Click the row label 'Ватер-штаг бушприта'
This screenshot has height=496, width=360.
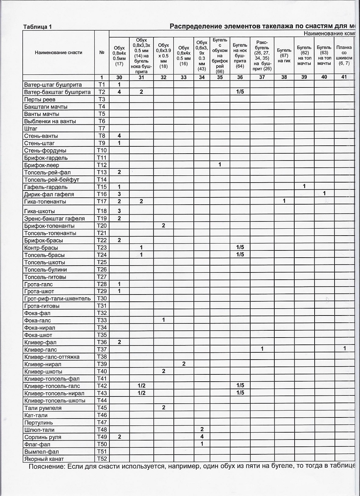[x=53, y=85]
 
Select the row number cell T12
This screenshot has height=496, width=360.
[x=102, y=165]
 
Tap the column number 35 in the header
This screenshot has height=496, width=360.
[x=220, y=77]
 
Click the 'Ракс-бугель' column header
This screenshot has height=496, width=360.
[x=262, y=55]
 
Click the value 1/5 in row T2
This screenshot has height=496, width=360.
[x=240, y=92]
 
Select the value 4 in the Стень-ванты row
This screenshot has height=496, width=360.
[x=119, y=136]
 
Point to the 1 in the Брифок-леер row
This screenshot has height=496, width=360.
[x=220, y=165]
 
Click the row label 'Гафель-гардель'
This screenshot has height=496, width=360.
[x=46, y=187]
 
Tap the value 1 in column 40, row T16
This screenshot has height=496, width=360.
[x=324, y=194]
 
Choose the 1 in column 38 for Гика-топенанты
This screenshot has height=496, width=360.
[x=284, y=201]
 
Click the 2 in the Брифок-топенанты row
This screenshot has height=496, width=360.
[x=163, y=226]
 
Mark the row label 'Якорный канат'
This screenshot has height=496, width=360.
[x=44, y=459]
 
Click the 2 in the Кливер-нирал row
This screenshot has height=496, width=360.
[x=184, y=364]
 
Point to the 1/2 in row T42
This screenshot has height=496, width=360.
[x=141, y=385]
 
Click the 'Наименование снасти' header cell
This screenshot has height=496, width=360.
[x=59, y=52]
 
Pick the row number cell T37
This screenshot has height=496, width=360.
[x=102, y=350]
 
